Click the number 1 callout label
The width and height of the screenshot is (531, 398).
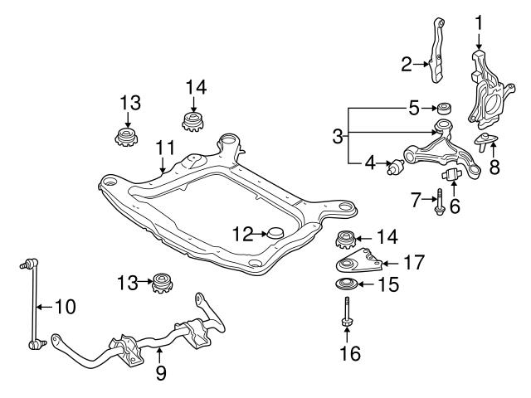pyautogui.click(x=479, y=19)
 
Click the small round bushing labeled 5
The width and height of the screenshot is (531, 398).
pyautogui.click(x=445, y=108)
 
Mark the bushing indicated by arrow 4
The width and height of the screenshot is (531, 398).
pyautogui.click(x=394, y=169)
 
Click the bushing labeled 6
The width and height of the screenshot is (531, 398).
pyautogui.click(x=451, y=175)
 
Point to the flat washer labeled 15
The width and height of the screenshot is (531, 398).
pyautogui.click(x=347, y=286)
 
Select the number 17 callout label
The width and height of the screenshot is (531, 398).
pyautogui.click(x=414, y=263)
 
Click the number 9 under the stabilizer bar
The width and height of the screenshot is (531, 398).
pyautogui.click(x=161, y=374)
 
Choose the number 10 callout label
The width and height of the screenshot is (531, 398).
pyautogui.click(x=64, y=306)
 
